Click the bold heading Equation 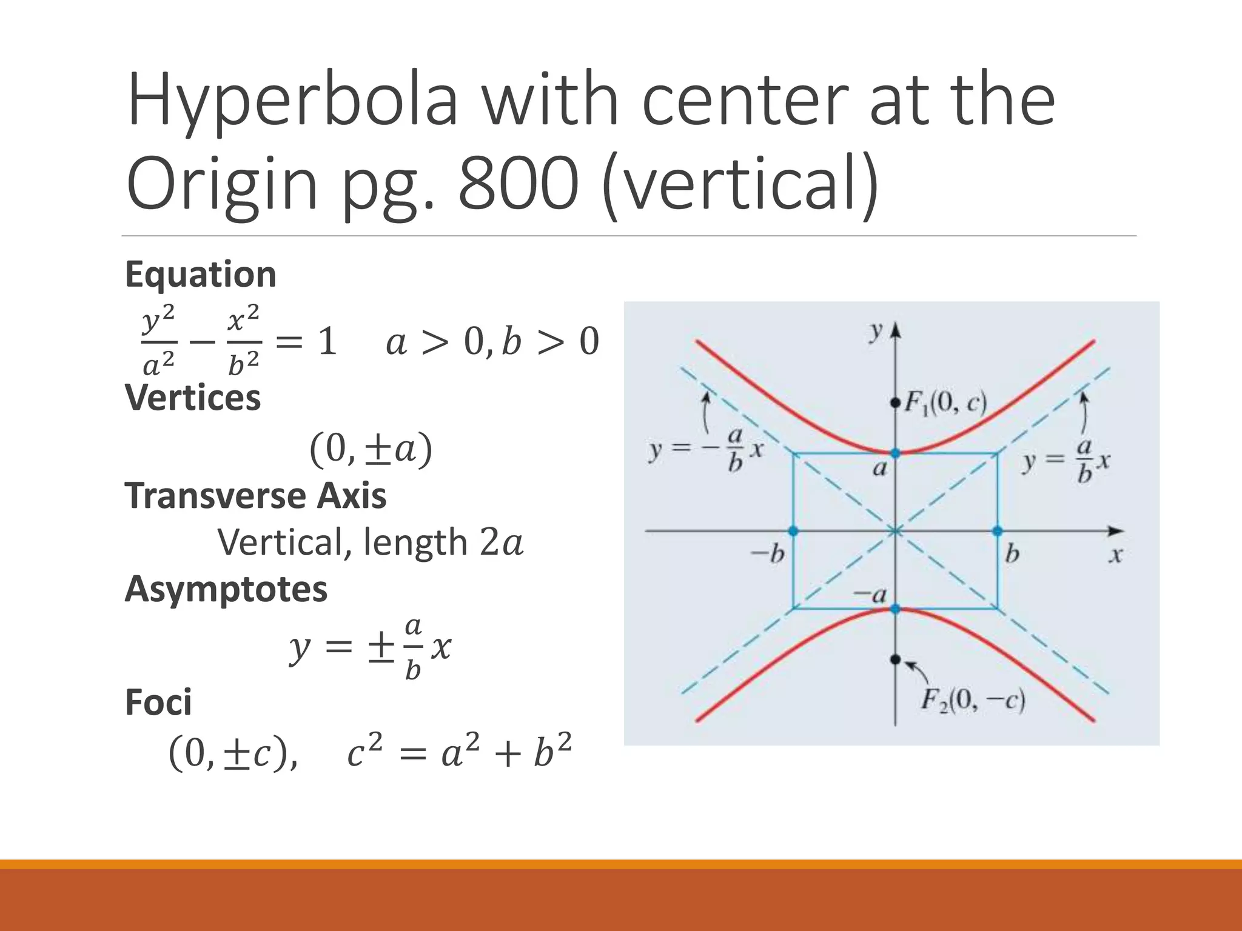201,275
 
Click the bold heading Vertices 193,398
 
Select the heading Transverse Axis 255,496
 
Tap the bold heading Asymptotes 226,589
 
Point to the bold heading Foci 158,702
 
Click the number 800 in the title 519,182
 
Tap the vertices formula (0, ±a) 371,450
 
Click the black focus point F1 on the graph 895,402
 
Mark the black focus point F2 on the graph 895,659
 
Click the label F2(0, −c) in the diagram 973,701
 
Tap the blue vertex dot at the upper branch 895,453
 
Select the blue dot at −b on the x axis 793,531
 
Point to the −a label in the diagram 870,595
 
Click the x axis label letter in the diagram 1116,555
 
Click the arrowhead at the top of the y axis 896,330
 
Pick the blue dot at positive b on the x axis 998,531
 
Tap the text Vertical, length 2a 370,542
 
